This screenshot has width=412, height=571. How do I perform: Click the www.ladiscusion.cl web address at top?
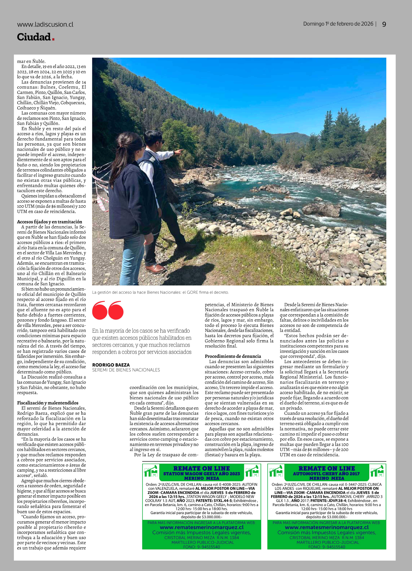coord(45,24)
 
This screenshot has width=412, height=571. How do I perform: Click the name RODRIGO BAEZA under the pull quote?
coord(111,365)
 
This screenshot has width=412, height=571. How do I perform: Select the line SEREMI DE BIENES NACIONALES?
coord(126,370)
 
